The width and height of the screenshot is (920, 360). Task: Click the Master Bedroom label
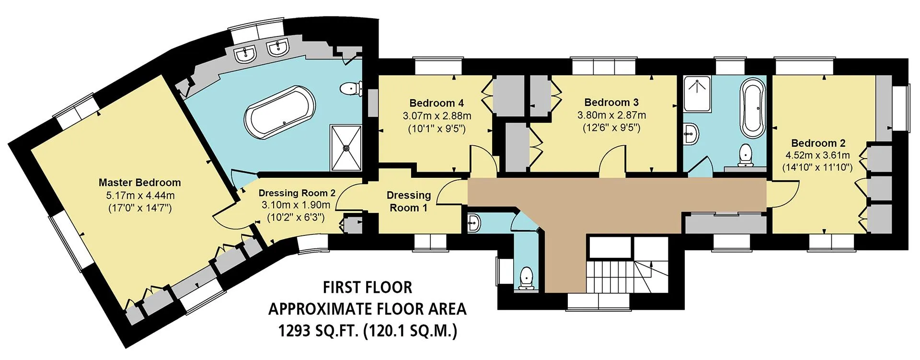pyautogui.click(x=139, y=183)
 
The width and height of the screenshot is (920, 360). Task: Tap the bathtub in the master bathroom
pyautogui.click(x=280, y=112)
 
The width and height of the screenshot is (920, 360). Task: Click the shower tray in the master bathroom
pyautogui.click(x=345, y=147)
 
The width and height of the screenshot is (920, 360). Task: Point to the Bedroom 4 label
pyautogui.click(x=437, y=103)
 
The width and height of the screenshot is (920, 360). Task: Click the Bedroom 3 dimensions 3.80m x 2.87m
pyautogui.click(x=611, y=115)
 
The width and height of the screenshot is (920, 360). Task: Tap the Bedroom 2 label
pyautogui.click(x=818, y=143)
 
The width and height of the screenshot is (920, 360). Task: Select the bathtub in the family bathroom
pyautogui.click(x=753, y=109)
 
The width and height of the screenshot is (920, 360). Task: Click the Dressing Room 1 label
pyautogui.click(x=409, y=201)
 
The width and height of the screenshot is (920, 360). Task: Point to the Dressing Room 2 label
pyautogui.click(x=297, y=193)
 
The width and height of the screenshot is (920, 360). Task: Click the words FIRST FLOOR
pyautogui.click(x=368, y=287)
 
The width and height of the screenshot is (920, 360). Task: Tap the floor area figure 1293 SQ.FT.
pyautogui.click(x=319, y=331)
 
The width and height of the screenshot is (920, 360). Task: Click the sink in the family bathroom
pyautogui.click(x=691, y=133)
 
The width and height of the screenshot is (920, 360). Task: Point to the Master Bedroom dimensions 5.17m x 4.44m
pyautogui.click(x=140, y=196)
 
